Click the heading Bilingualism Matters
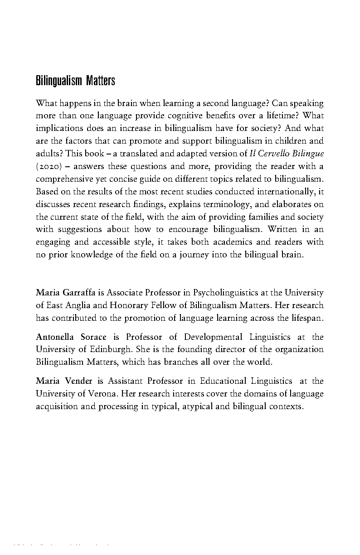(x=75, y=81)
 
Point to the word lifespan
(x=306, y=318)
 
